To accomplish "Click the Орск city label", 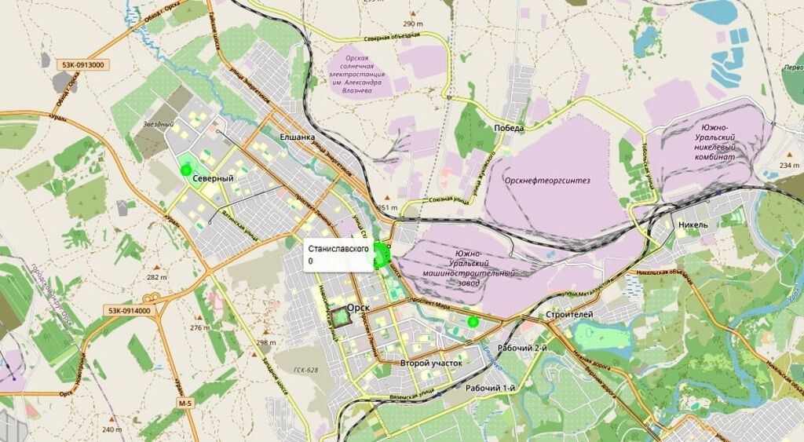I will (358, 308).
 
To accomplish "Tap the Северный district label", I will (214, 178).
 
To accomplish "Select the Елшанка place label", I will (297, 137).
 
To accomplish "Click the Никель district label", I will (693, 225).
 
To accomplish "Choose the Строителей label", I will (569, 314).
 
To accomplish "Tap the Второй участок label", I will (431, 363).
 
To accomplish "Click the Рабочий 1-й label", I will (491, 389).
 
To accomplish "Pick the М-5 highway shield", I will (185, 404).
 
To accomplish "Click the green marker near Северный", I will (186, 169).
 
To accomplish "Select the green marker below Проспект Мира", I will (473, 322).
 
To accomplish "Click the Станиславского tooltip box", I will (338, 254).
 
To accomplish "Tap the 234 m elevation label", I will (789, 166).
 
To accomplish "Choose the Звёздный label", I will (158, 124).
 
